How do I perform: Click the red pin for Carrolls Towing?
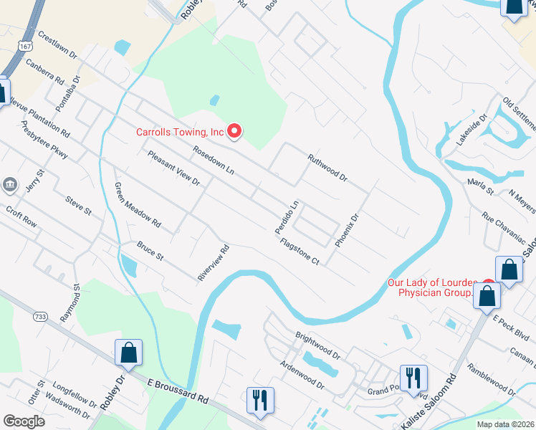click(x=234, y=130)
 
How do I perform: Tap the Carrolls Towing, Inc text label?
click(x=181, y=132)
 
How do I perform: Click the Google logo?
click(x=24, y=421)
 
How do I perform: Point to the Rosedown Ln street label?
click(x=213, y=161)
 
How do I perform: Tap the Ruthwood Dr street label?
click(x=327, y=168)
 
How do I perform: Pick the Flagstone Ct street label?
click(x=300, y=252)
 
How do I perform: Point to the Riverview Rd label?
click(x=214, y=262)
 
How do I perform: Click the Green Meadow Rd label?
click(x=138, y=206)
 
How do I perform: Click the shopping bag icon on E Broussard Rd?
click(x=129, y=353)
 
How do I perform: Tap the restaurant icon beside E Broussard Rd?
click(x=259, y=400)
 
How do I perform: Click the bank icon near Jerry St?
click(x=10, y=186)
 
